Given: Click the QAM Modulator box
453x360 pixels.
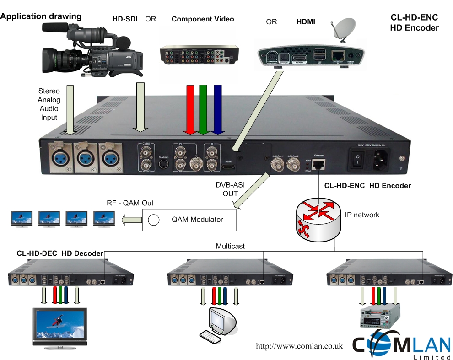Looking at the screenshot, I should [x=190, y=220].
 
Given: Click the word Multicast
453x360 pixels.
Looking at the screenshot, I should [x=230, y=246].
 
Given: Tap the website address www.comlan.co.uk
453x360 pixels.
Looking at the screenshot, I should [x=299, y=346].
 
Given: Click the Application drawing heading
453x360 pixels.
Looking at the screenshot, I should [x=41, y=16].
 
